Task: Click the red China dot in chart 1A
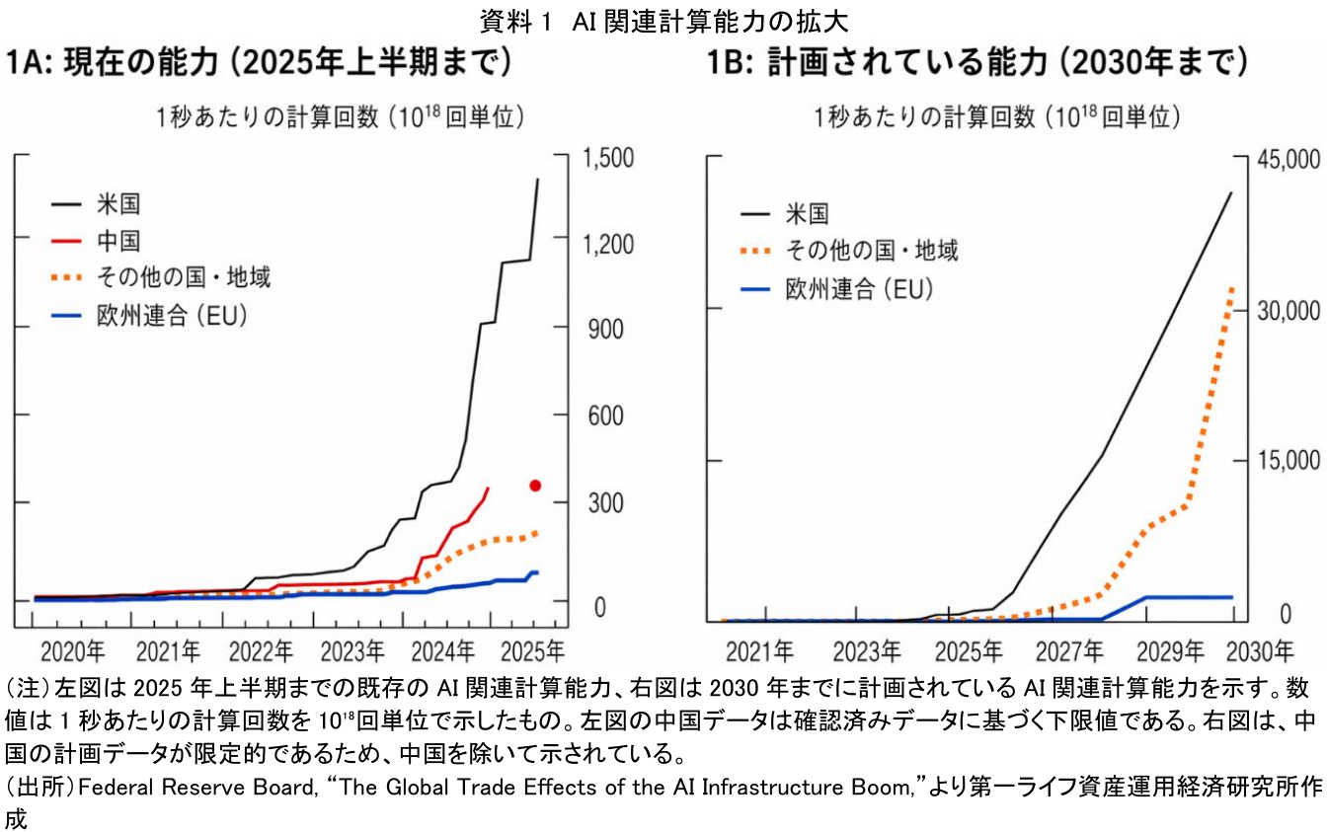535,485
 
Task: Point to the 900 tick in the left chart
604,330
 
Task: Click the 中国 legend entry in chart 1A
117,240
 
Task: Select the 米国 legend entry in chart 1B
807,213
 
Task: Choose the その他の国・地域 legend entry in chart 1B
871,251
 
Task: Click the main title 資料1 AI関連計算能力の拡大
663,19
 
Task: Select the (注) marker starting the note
27,686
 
